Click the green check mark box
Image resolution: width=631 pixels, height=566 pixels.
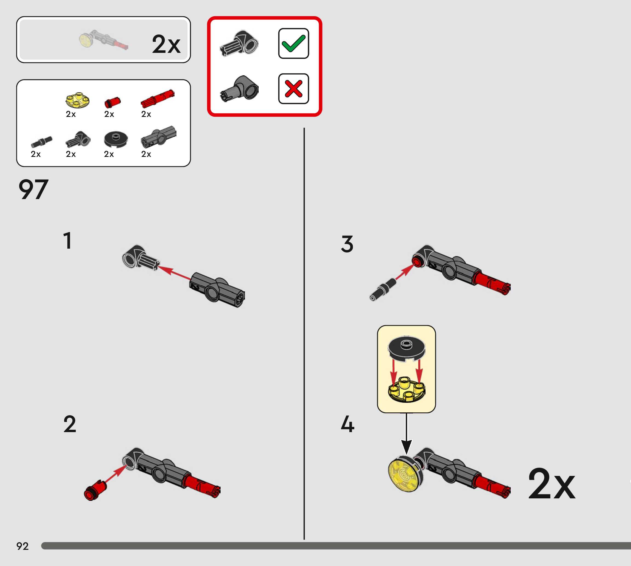tap(293, 43)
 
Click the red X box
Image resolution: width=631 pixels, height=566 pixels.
tap(293, 89)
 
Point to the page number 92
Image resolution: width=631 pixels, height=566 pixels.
tap(22, 546)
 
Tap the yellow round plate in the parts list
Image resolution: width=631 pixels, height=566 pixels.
tap(78, 100)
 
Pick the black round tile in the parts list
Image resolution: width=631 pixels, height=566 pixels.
tap(115, 139)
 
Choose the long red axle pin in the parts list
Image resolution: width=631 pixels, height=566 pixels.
tap(158, 98)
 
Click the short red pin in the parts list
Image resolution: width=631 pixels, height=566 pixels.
tap(112, 102)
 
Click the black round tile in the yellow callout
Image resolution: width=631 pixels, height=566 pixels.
tap(406, 348)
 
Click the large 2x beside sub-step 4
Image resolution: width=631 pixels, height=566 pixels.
tap(551, 484)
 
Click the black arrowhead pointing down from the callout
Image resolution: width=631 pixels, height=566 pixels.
tap(406, 447)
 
